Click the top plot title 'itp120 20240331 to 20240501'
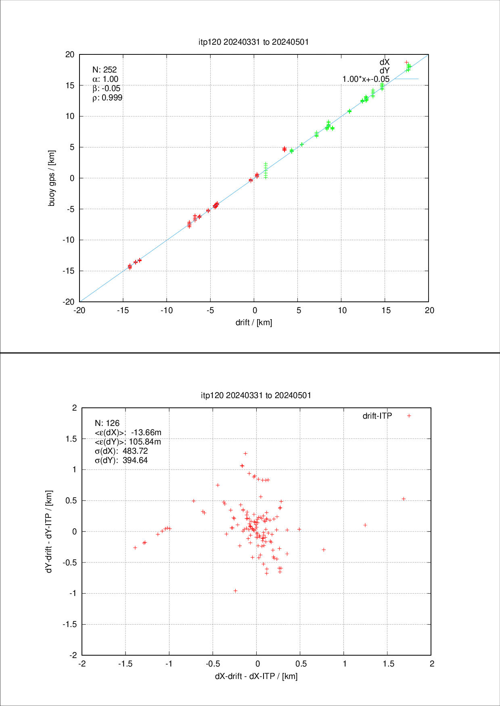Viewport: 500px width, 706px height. click(254, 42)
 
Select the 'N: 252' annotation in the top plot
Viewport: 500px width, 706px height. click(105, 70)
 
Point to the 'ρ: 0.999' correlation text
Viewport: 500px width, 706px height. click(107, 98)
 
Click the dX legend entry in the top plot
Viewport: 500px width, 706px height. click(385, 62)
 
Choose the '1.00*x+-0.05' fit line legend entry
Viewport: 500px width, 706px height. click(366, 79)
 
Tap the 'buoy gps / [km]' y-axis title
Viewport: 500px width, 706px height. click(52, 178)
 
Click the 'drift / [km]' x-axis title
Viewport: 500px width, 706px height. click(254, 322)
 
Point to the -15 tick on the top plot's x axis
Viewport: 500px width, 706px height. click(123, 310)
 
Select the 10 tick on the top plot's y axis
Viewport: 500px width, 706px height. click(70, 116)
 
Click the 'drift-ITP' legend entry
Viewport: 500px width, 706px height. click(377, 416)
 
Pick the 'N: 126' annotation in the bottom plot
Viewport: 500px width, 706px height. click(107, 423)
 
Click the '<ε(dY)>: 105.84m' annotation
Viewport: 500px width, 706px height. click(128, 442)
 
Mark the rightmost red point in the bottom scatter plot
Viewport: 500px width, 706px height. click(404, 499)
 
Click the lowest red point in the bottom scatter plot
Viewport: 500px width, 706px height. click(235, 591)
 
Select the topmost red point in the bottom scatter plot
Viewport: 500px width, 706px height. click(245, 454)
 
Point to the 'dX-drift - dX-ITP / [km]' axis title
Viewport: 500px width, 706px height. click(256, 676)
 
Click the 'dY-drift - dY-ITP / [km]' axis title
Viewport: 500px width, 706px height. click(49, 532)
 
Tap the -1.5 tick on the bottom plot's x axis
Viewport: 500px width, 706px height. click(125, 664)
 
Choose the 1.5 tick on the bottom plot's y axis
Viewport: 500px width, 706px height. click(71, 439)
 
